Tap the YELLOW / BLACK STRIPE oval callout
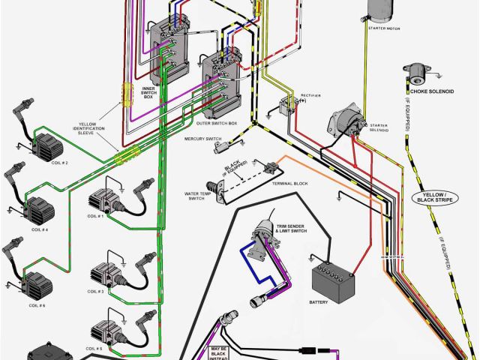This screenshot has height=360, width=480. pos(435,199)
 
